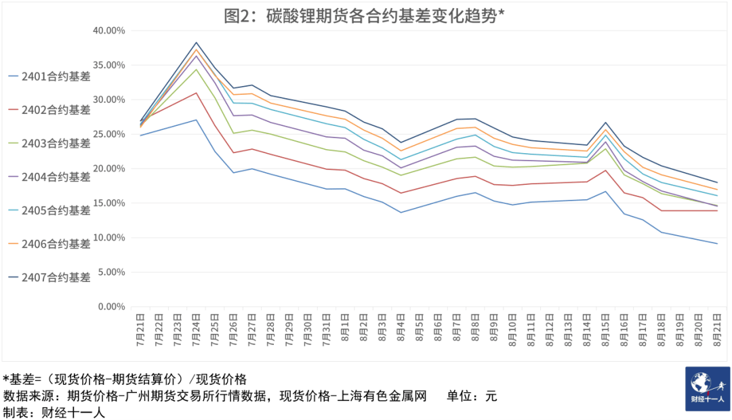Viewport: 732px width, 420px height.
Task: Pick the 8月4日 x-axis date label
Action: (401, 330)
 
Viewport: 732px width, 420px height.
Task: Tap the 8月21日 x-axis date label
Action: (717, 330)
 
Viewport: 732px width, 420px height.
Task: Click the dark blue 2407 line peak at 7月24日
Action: (196, 43)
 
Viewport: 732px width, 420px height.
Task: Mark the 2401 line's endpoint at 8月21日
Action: (717, 244)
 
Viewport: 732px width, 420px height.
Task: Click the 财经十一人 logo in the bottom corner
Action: (708, 389)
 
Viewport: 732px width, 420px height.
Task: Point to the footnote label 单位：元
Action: (472, 396)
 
